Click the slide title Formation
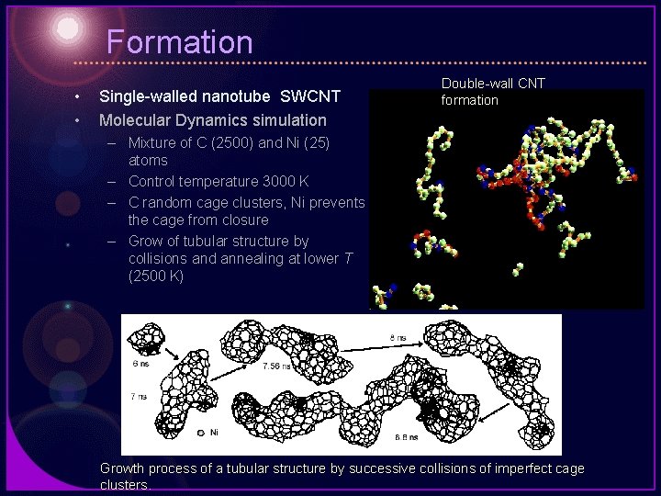[179, 42]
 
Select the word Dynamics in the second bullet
[207, 119]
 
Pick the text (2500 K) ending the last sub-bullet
[157, 276]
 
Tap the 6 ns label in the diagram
[140, 364]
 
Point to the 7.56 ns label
[276, 366]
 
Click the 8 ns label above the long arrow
[398, 338]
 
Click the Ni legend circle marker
[201, 432]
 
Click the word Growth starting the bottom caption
[124, 468]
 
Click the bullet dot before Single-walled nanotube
[80, 96]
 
